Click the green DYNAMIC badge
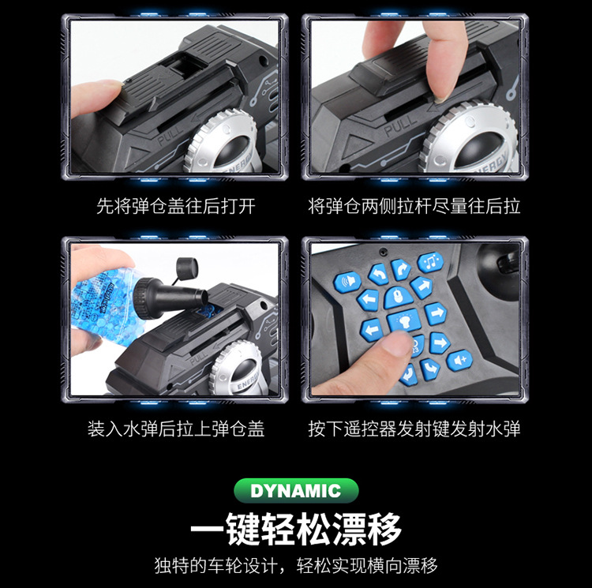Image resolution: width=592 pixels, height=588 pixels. (x=295, y=490)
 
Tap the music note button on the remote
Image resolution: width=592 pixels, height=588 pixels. (x=430, y=262)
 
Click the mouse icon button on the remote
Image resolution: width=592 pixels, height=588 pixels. (x=399, y=297)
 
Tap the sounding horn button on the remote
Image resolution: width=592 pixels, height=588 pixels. (x=348, y=281)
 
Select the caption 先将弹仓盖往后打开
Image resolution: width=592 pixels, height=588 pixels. (x=175, y=208)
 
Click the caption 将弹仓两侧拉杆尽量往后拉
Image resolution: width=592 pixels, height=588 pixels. (x=414, y=208)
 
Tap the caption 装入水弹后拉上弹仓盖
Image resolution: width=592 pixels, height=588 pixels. (x=175, y=429)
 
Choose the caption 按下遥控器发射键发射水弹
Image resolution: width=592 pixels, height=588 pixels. (x=414, y=429)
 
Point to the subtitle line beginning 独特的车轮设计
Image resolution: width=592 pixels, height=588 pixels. (x=296, y=566)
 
